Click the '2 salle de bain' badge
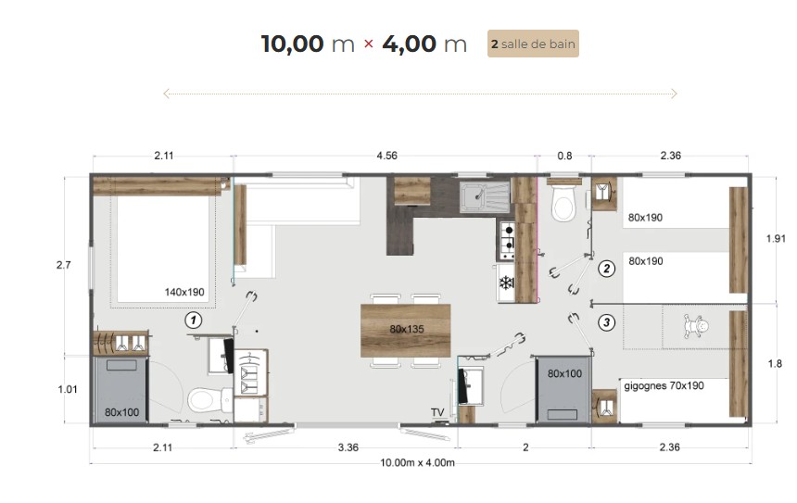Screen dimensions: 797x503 tap(533, 44)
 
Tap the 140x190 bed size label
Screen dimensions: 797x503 tap(184, 292)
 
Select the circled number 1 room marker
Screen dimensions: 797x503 tap(193, 321)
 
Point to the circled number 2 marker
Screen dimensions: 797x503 tap(606, 269)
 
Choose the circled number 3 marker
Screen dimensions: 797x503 tap(606, 322)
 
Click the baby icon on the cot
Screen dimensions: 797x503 tap(696, 327)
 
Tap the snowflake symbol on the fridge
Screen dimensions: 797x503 tap(506, 283)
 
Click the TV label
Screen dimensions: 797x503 tap(437, 412)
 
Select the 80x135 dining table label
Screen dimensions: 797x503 tap(407, 329)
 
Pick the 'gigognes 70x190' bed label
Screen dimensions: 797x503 tap(664, 385)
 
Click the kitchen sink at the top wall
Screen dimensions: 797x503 tap(485, 197)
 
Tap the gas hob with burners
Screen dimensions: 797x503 tap(507, 239)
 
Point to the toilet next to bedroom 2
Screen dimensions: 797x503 tap(563, 202)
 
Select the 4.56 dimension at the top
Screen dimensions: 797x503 tap(386, 156)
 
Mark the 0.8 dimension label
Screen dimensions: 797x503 tap(564, 156)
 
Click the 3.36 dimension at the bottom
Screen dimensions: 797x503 tap(348, 447)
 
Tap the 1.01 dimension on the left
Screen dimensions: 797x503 tap(68, 389)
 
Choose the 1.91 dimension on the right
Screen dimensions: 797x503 tap(776, 238)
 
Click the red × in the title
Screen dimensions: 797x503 tap(369, 44)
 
